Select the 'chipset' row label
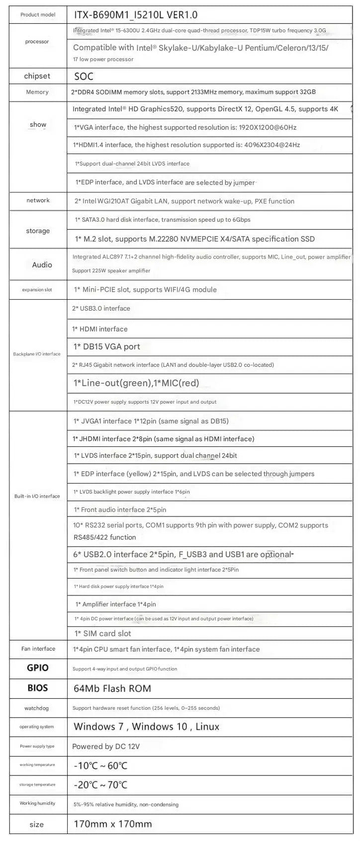coord(37,76)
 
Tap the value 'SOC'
coord(84,77)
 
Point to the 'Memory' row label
coord(37,92)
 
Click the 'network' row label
coord(38,200)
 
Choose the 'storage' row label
coord(38,231)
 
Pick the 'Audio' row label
coord(42,265)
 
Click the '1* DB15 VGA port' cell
coord(107,346)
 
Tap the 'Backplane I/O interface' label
coord(37,354)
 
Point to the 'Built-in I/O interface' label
coord(37,496)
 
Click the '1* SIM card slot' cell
coord(103,633)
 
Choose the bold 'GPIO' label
coord(38,668)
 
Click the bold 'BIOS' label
coord(38,688)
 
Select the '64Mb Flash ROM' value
coord(112,688)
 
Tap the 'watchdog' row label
coord(37,708)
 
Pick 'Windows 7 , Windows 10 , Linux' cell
coord(146,727)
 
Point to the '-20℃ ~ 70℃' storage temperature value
coord(100,785)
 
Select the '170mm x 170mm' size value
coord(113,824)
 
